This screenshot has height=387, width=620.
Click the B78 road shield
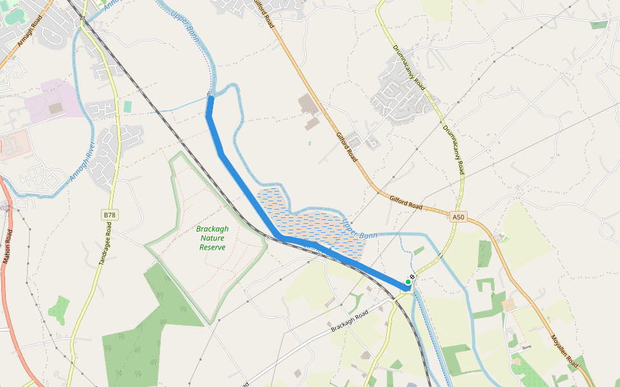point(110,215)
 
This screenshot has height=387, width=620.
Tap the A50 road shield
point(458,217)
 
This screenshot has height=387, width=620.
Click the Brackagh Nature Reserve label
point(212,238)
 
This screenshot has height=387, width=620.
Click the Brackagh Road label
point(349,321)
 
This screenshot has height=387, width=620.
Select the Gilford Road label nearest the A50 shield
point(406,203)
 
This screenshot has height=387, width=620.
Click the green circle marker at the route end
point(408,282)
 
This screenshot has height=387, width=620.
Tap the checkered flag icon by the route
point(412,277)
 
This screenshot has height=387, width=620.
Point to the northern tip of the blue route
point(210,99)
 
